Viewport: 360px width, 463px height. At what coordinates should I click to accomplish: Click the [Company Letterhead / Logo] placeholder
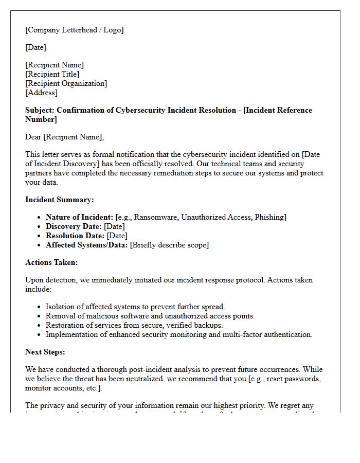coord(74,30)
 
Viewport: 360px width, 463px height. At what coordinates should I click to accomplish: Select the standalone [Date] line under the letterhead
coord(35,47)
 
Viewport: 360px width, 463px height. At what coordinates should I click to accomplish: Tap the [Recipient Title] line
coord(52,74)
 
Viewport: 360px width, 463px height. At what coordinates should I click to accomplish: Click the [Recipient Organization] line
coord(66,83)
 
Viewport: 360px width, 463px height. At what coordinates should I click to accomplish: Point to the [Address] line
coord(41,93)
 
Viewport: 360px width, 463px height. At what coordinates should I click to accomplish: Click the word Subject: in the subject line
coord(40,110)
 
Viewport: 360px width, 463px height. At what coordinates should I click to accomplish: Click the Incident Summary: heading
coord(59,200)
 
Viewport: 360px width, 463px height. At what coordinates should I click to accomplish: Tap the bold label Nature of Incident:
coord(79,217)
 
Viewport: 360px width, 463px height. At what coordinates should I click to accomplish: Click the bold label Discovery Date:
coord(74,226)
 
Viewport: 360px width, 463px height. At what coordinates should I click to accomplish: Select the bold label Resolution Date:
coord(75,236)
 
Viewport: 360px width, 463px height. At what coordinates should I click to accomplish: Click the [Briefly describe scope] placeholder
coord(169,245)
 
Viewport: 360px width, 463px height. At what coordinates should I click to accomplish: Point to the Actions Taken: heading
coord(51,262)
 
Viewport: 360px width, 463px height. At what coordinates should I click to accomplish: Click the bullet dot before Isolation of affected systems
coord(39,307)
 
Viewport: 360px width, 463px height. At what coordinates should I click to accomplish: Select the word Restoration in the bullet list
coord(65,325)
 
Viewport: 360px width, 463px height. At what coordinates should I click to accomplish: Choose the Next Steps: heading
coord(45,352)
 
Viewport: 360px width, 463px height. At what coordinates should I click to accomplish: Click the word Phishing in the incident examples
coord(269,217)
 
